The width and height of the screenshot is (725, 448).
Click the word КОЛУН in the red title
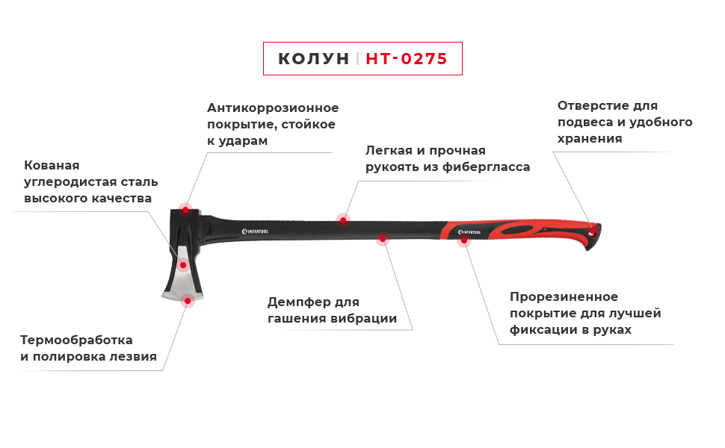pos(313,58)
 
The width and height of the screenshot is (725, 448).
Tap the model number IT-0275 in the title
pos(410,58)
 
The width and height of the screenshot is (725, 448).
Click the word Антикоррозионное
pos(273,108)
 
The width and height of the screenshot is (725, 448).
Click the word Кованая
pos(52,166)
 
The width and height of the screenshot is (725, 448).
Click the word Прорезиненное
pos(564,297)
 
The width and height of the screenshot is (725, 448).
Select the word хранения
pos(590,139)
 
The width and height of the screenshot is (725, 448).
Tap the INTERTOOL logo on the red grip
pos(476,233)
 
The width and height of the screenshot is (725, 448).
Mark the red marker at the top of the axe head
pos(185,205)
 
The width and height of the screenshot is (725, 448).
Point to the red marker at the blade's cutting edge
pos(188,303)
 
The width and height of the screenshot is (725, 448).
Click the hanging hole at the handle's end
pos(595,231)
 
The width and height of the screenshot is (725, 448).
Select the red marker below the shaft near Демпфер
pos(382,242)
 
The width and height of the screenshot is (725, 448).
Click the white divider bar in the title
pos(358,58)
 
